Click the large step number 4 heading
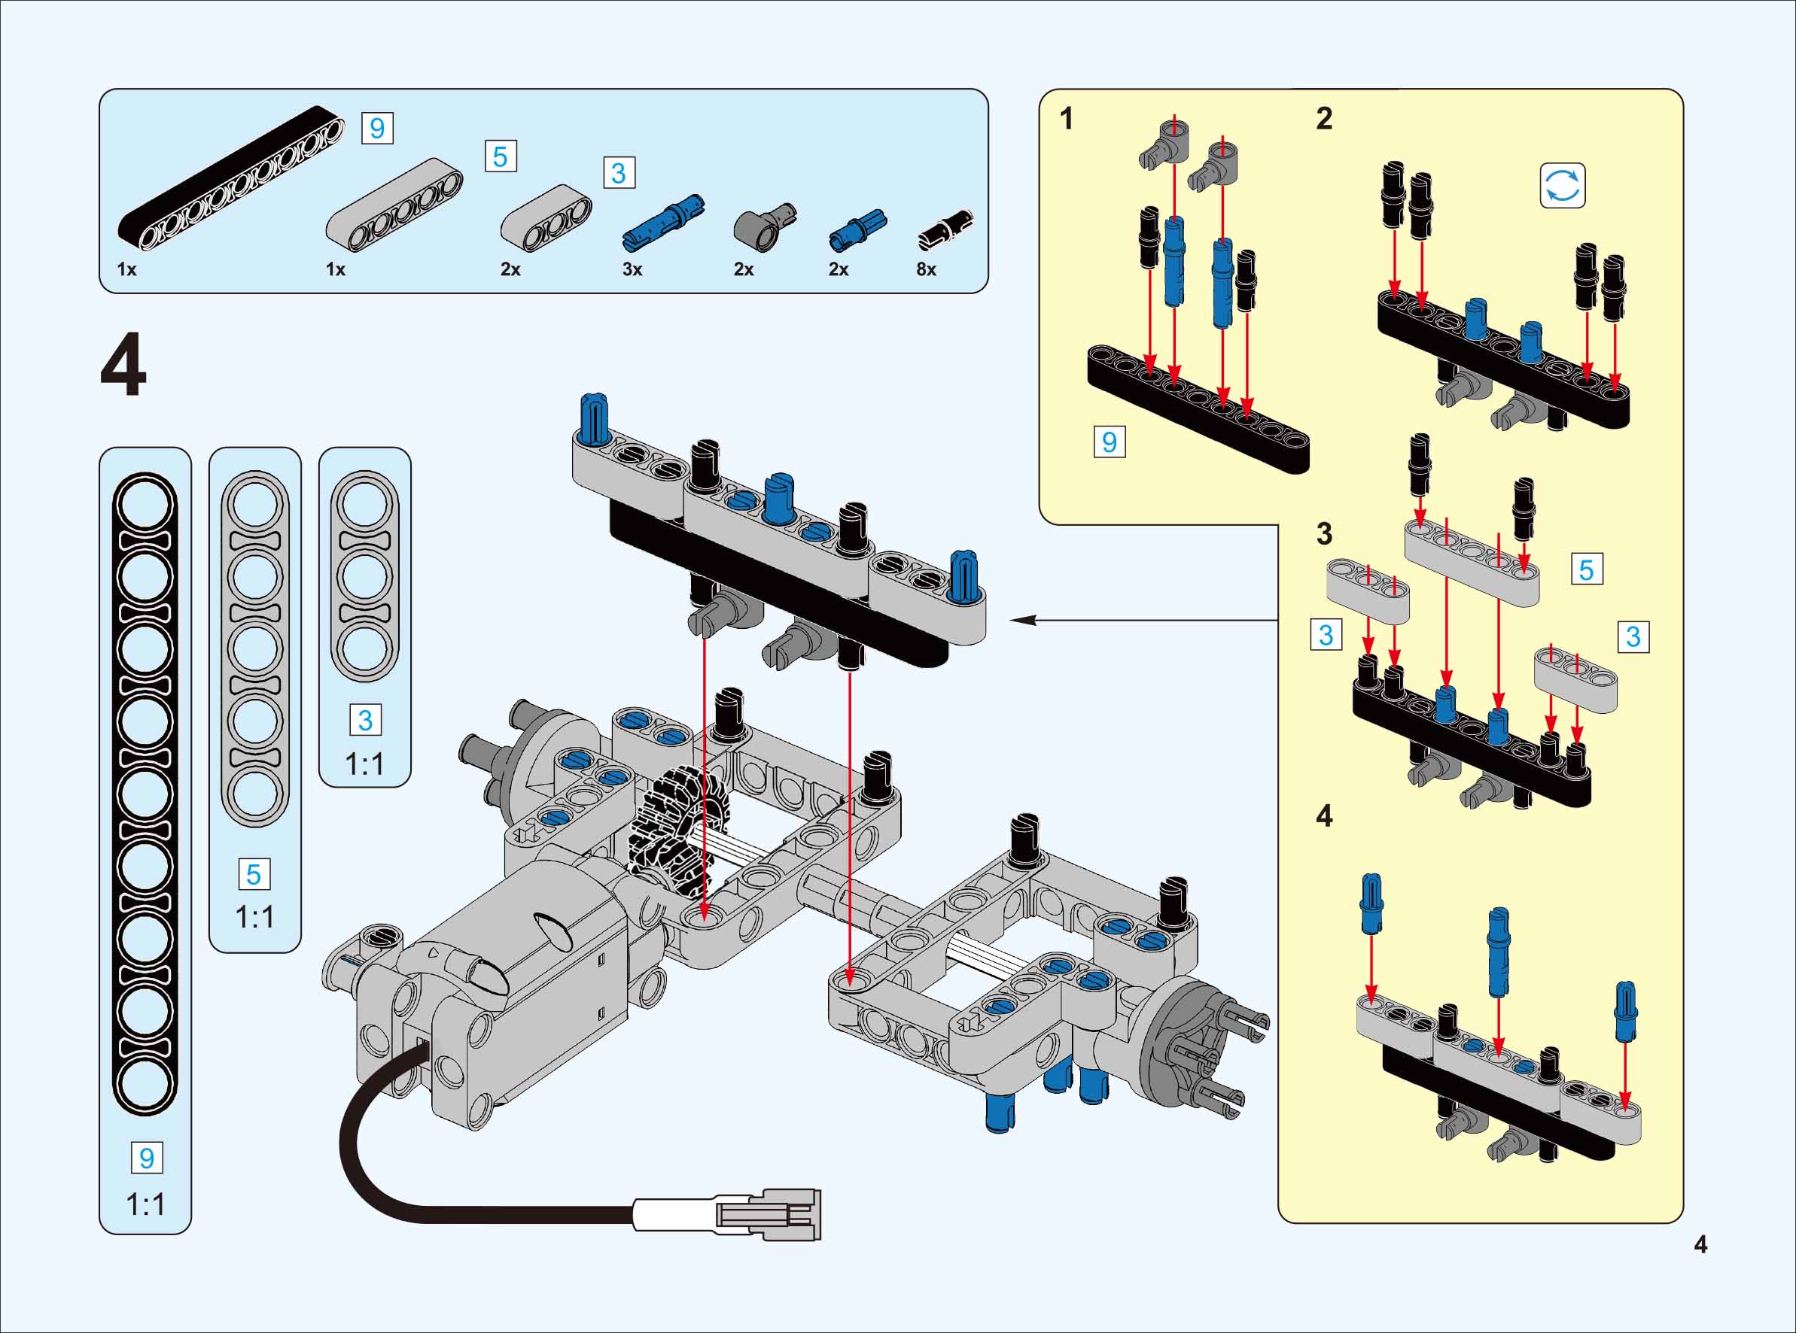point(123,366)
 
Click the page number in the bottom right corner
point(1700,1245)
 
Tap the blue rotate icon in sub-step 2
point(1562,187)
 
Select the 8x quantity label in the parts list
point(926,269)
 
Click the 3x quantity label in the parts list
point(632,269)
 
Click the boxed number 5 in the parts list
point(501,156)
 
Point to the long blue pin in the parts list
point(663,222)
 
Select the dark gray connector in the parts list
point(763,226)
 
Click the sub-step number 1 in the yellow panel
point(1067,119)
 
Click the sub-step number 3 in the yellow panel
point(1324,533)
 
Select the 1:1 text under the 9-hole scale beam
point(145,1204)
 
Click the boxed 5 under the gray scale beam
point(254,875)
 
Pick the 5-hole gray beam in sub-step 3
point(1472,562)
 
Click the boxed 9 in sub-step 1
point(1109,442)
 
